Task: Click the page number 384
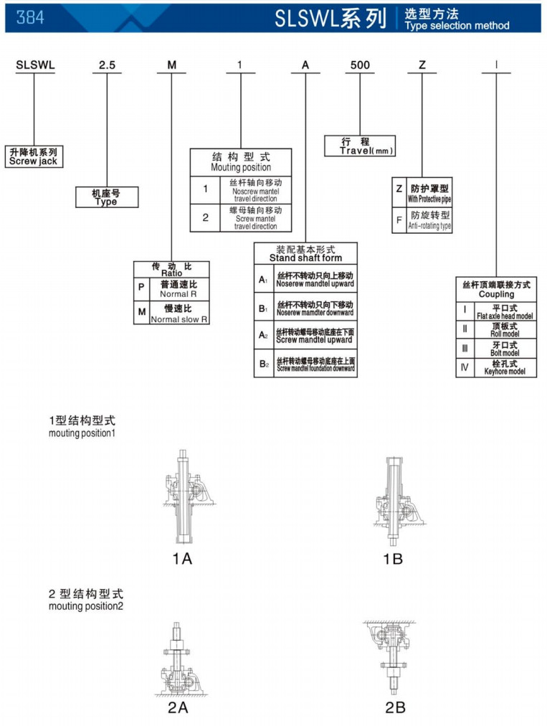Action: (x=29, y=17)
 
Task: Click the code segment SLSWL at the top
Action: (x=35, y=65)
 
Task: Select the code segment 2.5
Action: (x=107, y=65)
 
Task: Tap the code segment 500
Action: (x=360, y=65)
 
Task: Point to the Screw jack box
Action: (x=33, y=156)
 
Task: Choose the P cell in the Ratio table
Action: (x=141, y=289)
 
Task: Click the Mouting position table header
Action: (x=241, y=162)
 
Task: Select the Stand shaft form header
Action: (x=305, y=253)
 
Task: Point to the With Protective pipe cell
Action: (x=430, y=193)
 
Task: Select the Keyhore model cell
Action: (x=505, y=368)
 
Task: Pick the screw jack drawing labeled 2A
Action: (x=178, y=657)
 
